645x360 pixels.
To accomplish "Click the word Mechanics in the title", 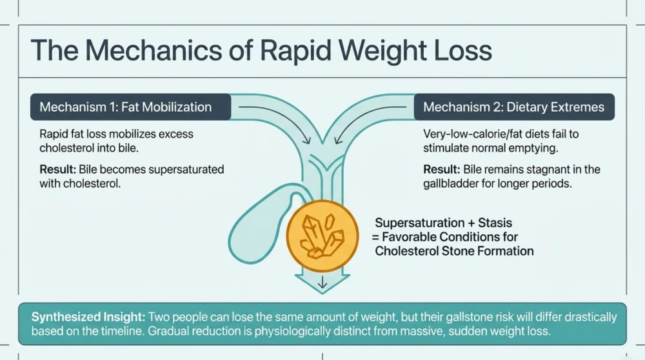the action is tap(154, 50).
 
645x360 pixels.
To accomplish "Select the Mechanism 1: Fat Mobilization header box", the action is tap(130, 107).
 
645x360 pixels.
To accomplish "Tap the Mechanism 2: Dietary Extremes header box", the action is tap(514, 107).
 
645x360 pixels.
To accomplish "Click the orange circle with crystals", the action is tap(322, 236).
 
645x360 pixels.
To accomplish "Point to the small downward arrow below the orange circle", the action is tap(322, 282).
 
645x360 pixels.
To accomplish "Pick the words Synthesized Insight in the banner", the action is tap(88, 317).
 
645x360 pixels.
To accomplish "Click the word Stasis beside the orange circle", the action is tap(495, 223).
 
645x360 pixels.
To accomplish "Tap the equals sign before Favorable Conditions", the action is tap(375, 237).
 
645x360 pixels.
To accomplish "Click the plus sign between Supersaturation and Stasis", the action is tap(471, 223).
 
